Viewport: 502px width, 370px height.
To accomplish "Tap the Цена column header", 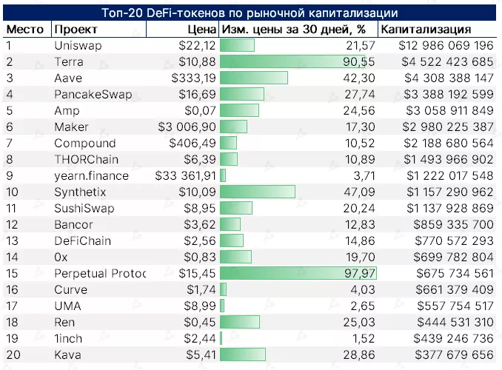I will click(x=202, y=30).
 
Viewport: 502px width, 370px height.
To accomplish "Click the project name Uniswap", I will click(x=78, y=46).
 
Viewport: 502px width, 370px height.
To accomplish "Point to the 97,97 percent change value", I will click(x=359, y=273).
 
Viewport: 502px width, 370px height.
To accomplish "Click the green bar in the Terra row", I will click(x=296, y=62).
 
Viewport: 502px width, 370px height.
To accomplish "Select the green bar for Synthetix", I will click(x=258, y=192).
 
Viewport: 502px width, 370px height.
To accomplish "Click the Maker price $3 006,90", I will click(x=187, y=127).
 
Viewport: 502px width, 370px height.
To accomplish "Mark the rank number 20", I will click(x=13, y=354).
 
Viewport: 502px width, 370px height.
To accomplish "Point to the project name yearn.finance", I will click(x=91, y=175).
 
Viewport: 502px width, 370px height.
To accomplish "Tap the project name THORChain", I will click(x=85, y=159).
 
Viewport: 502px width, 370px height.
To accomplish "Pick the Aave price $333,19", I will click(x=193, y=78).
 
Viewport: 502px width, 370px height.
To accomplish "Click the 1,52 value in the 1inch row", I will click(x=363, y=338).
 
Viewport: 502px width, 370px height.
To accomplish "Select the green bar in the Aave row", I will click(x=254, y=78).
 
